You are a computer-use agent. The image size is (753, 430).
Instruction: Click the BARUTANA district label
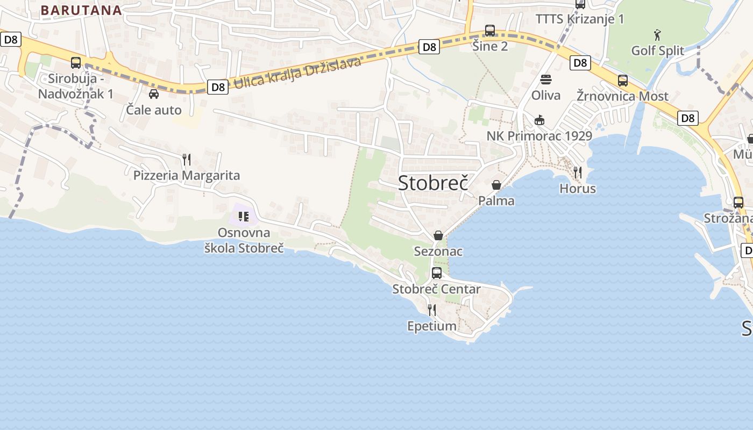click(x=81, y=10)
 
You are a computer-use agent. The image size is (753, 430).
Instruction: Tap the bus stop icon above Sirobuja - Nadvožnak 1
click(x=76, y=62)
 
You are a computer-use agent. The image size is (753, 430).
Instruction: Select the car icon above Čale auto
click(x=154, y=94)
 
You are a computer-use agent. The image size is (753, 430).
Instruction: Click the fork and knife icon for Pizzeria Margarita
click(x=187, y=160)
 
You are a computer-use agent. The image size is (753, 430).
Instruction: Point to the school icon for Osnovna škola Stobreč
click(x=244, y=217)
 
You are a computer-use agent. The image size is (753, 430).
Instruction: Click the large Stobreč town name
click(x=434, y=183)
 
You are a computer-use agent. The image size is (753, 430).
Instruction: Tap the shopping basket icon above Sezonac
click(x=438, y=235)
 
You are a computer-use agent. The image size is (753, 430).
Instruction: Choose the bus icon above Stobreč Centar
click(x=437, y=273)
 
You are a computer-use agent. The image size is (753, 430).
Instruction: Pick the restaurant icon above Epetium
click(x=431, y=310)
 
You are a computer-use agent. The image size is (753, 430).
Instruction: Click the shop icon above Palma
click(x=496, y=185)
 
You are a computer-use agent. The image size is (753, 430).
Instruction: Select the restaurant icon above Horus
click(x=578, y=173)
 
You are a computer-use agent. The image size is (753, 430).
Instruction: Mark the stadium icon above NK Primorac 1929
click(x=539, y=120)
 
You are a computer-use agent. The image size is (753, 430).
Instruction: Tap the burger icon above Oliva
click(x=546, y=80)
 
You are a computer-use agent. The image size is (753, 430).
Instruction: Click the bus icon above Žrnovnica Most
click(x=623, y=81)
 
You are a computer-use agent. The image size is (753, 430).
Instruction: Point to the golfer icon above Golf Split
click(x=657, y=35)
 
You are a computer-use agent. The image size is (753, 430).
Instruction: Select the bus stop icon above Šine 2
click(x=490, y=30)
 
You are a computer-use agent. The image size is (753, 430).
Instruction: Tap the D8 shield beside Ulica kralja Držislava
click(x=218, y=87)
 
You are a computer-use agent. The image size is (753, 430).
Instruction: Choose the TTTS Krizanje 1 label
click(x=580, y=19)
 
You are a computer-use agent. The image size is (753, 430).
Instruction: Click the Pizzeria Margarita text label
click(x=187, y=175)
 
